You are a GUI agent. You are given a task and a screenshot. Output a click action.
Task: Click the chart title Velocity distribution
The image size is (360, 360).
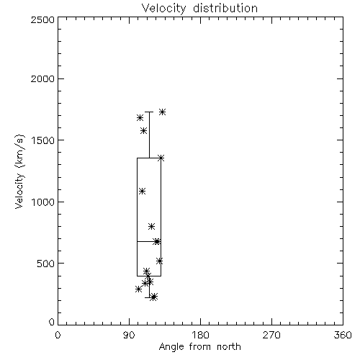pos(199,8)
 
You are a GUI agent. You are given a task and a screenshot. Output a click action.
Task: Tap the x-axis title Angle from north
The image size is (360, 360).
pos(199,346)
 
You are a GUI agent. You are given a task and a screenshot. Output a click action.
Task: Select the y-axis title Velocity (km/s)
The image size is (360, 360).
pos(19,171)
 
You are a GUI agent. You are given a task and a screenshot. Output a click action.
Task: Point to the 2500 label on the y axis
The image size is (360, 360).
pos(42,19)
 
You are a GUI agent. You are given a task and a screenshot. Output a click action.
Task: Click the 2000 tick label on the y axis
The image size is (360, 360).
pos(42,78)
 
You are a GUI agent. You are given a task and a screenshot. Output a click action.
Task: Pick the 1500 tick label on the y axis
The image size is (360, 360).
pos(43,140)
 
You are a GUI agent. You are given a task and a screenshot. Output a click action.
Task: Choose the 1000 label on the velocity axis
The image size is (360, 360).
pos(43,202)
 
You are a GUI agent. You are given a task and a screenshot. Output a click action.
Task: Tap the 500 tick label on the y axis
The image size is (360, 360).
pos(46,264)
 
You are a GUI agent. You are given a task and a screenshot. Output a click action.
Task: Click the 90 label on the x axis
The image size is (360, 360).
pos(129,335)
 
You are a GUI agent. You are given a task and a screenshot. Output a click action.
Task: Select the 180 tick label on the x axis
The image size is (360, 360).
pos(200,335)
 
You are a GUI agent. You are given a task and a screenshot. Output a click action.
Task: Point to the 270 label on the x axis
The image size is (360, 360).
pos(271,335)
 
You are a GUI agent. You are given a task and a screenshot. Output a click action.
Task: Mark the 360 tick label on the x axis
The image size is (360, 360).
pos(343,335)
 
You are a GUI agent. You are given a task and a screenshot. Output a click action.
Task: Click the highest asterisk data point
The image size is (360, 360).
pos(163,112)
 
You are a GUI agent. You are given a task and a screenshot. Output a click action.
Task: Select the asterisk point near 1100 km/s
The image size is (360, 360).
pos(143,191)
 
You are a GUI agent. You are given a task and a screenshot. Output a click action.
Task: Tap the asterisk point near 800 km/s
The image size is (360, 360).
pos(151,226)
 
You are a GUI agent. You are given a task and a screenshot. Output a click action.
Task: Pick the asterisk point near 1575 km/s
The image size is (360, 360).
pos(144,131)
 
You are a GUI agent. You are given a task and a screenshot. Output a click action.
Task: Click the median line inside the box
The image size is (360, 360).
pos(149,241)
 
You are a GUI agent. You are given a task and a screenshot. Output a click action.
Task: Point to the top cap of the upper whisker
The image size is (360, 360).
pos(149,112)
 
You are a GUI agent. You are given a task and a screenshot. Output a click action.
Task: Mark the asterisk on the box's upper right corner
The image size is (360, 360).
pos(161,158)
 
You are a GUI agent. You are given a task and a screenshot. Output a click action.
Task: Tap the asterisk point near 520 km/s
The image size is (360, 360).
pos(160,261)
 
